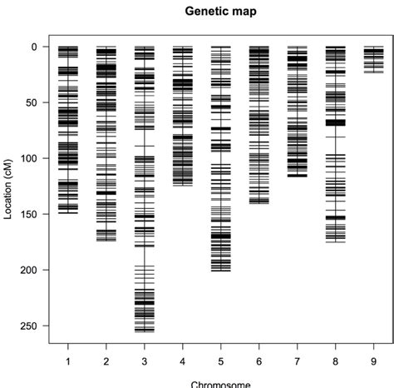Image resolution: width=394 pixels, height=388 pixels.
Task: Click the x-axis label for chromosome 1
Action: pos(67,361)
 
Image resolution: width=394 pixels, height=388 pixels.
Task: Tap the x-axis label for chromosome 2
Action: pos(106,361)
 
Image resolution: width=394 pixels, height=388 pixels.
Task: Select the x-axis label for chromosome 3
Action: pos(145,361)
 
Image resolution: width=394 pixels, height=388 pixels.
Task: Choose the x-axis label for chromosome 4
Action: pos(183,361)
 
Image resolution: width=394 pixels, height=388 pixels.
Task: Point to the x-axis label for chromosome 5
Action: pos(221,361)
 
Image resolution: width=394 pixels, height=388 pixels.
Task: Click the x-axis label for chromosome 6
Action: pos(259,361)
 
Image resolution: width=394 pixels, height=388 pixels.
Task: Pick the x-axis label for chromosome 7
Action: pos(298,361)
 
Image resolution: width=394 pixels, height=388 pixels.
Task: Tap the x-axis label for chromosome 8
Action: pos(336,361)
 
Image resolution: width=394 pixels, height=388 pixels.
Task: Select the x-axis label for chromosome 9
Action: pos(374,361)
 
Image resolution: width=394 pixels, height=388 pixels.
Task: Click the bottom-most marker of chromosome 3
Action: pos(145,331)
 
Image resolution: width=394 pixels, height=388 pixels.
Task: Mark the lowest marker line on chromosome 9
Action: pos(374,72)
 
